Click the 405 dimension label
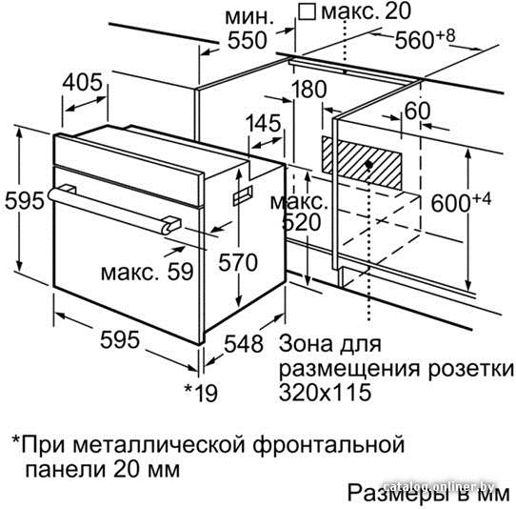pos(83,82)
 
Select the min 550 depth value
pos(248,41)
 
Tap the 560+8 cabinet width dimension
pos(425,38)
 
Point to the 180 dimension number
pos(309,89)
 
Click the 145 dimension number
pos(265,123)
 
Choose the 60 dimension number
pos(417,111)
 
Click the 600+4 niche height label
pos(461,202)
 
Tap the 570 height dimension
pos(238,262)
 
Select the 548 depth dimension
pos(244,344)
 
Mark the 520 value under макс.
pos(302,222)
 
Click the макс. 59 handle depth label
pos(148,273)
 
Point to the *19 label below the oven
pos(201,392)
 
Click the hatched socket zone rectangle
pos(362,164)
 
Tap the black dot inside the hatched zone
pos(369,164)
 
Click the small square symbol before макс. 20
pos(308,11)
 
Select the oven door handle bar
pos(113,210)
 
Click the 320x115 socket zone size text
pos(326,392)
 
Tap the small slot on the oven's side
pos(243,195)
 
